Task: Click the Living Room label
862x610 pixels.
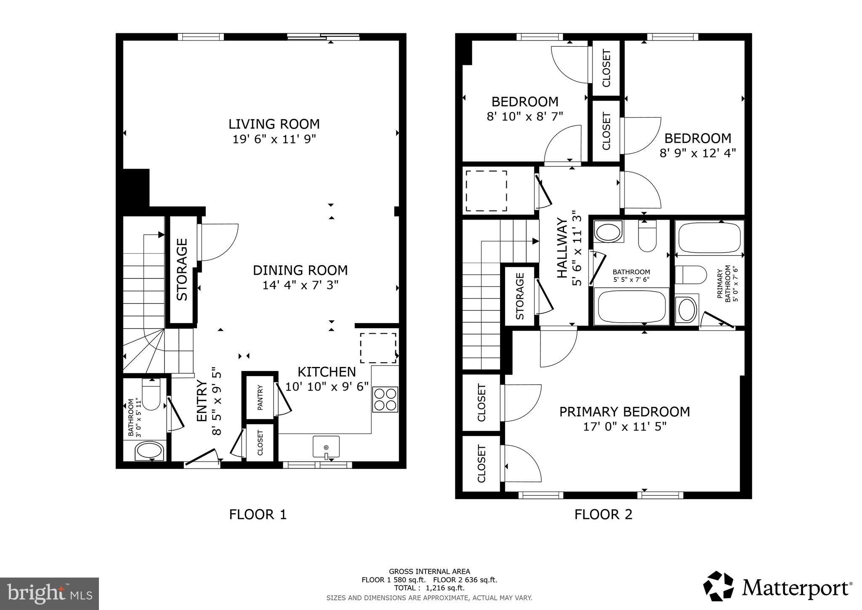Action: coord(274,124)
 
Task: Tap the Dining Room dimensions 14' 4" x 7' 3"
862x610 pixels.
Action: coord(301,285)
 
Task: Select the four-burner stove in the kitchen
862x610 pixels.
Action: coord(385,399)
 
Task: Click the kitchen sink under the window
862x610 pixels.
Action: coord(326,447)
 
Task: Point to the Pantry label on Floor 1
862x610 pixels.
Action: coord(260,397)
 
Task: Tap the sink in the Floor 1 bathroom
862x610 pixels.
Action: coord(149,451)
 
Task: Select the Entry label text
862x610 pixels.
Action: coord(202,401)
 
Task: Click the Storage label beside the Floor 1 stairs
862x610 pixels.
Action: coord(182,270)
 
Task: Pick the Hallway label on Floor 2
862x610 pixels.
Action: coord(562,248)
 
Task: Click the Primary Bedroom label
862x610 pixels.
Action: coord(625,412)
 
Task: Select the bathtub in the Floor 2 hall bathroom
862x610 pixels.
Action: coord(631,307)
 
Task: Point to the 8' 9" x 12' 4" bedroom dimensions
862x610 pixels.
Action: coord(697,152)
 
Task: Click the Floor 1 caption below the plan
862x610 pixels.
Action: coord(258,514)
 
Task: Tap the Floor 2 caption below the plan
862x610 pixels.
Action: coord(603,514)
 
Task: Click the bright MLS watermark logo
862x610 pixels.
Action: coord(49,594)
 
